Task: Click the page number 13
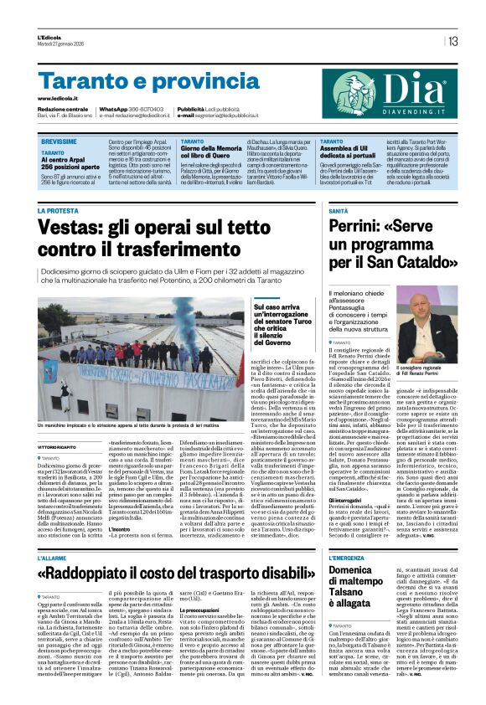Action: [452, 40]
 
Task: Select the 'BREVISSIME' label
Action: [59, 143]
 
